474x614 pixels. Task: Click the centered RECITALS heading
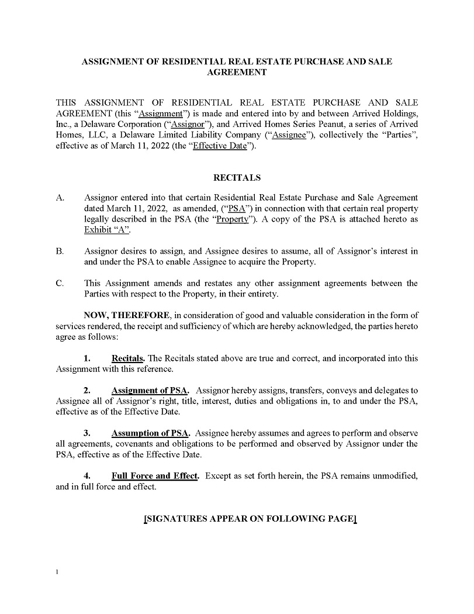[237, 177]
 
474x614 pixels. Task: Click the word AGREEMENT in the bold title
[237, 73]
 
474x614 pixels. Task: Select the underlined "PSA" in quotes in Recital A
[237, 208]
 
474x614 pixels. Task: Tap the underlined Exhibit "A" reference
[106, 230]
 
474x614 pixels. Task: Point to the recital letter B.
[59, 251]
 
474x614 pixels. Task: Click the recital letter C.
[59, 284]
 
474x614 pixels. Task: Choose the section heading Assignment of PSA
[151, 390]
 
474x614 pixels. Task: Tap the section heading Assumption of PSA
[150, 433]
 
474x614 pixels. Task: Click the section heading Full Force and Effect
[155, 476]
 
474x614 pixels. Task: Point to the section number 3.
[87, 433]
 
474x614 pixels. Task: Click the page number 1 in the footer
[57, 572]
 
